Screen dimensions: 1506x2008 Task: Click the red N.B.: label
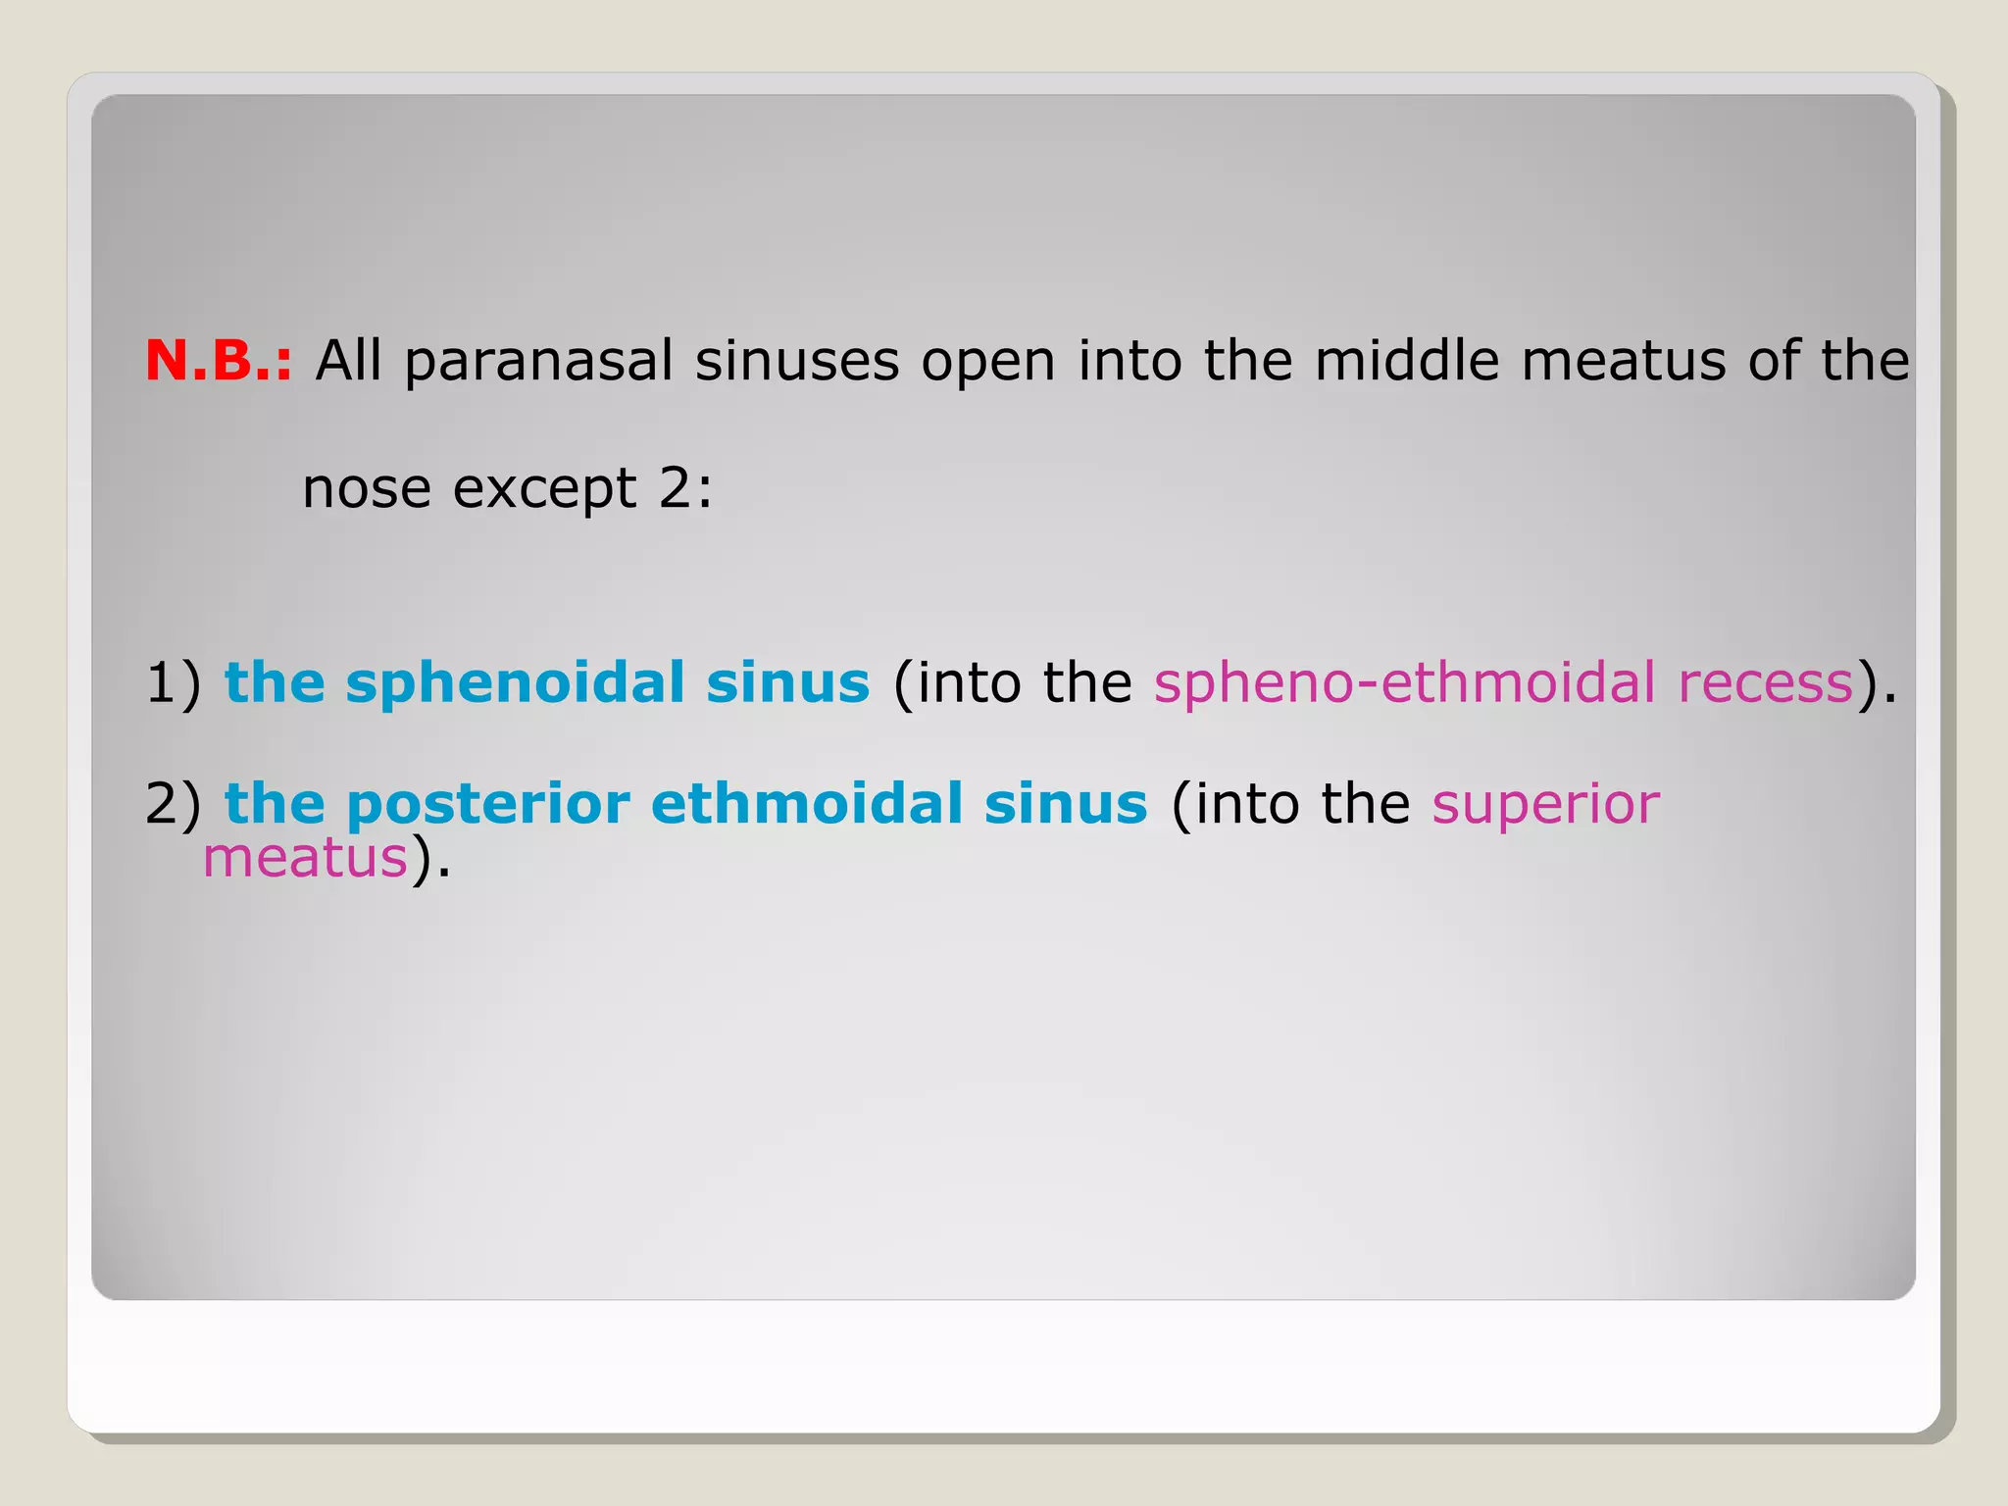tap(219, 361)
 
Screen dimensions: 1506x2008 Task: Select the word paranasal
tap(538, 362)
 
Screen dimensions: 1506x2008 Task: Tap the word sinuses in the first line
tap(797, 362)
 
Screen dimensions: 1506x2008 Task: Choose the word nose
tap(366, 489)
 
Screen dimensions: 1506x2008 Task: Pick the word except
tap(544, 489)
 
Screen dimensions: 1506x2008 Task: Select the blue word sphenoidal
tap(515, 682)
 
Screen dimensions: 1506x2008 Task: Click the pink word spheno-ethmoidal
tap(1404, 683)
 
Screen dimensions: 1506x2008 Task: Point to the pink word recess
tap(1766, 683)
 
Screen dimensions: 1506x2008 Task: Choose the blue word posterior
tap(487, 805)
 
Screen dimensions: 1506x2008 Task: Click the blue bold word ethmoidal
tap(806, 804)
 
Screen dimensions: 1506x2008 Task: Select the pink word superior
tap(1545, 805)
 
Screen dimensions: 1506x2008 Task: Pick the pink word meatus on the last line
tap(305, 858)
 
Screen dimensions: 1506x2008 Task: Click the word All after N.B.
tap(348, 361)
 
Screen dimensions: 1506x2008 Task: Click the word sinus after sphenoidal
tap(787, 682)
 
